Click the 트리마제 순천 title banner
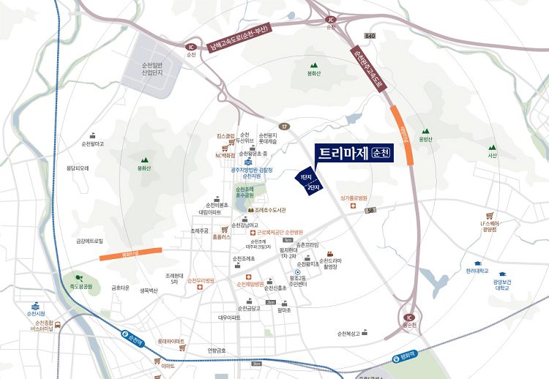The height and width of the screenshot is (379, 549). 354,154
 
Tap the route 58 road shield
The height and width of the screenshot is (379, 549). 372,211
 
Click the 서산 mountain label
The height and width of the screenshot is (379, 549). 493,155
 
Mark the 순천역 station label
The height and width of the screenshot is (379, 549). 134,340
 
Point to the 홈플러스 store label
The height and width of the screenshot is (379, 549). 220,237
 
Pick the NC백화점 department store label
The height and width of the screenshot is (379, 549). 225,155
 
